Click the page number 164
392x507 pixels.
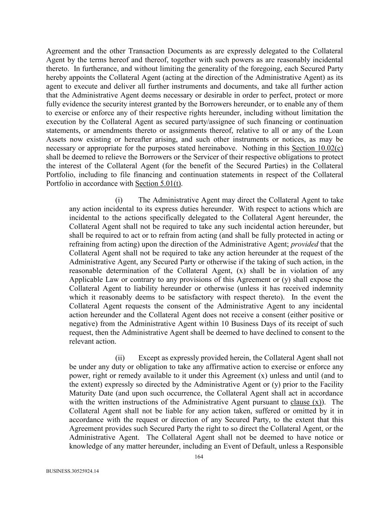199,457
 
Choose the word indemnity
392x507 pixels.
326,289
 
